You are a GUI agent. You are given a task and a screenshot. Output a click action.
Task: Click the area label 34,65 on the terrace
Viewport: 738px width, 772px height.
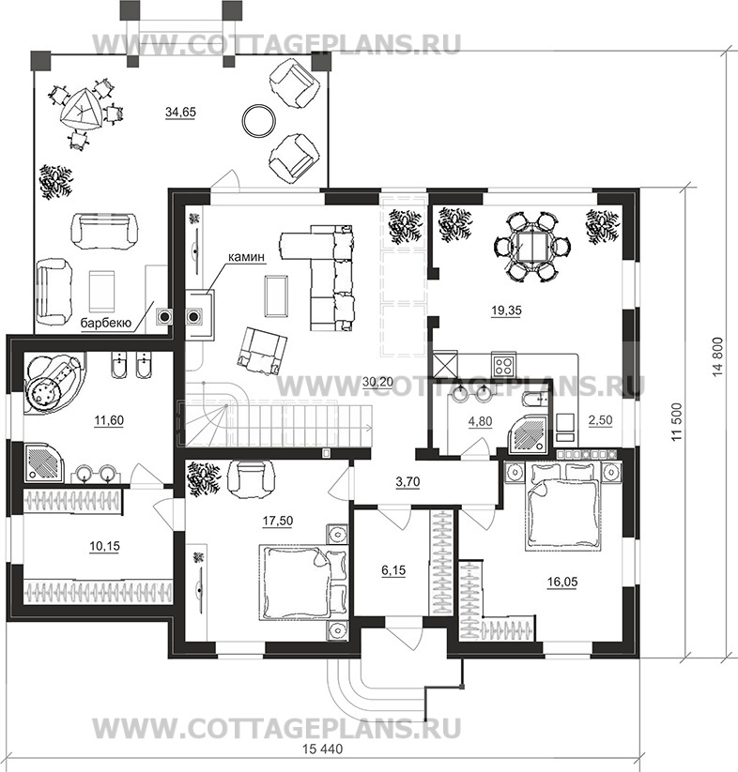click(180, 113)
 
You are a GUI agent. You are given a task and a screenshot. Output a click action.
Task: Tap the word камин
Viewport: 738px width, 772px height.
click(246, 256)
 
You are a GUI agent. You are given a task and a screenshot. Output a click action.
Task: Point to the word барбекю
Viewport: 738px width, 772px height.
click(105, 324)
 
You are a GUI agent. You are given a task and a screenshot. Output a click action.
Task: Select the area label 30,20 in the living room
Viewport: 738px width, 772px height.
click(377, 382)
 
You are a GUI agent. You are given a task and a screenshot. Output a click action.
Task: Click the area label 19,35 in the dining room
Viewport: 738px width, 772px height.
click(506, 310)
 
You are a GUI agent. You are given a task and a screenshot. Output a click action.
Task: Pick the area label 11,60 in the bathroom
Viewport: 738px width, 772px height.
click(108, 420)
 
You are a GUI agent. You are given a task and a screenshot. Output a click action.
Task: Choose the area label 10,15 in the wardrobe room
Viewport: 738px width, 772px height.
click(104, 546)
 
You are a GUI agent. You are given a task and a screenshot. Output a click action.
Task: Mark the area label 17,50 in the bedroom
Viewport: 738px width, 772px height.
click(278, 521)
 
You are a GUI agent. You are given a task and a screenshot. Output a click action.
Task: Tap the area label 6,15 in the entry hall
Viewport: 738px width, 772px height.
click(393, 570)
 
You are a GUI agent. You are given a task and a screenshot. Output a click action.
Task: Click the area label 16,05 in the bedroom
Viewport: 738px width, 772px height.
click(562, 582)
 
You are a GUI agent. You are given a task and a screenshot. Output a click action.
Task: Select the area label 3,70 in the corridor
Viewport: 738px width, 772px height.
click(407, 482)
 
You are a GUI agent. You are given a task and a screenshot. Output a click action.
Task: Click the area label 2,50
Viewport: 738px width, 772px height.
click(601, 420)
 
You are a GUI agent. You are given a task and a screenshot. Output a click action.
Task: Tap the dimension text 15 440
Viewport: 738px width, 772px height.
click(322, 749)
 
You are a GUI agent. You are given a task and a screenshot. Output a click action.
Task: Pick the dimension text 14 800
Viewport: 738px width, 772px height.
click(717, 357)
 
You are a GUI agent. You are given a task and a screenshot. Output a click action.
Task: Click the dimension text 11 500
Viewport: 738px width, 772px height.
click(679, 422)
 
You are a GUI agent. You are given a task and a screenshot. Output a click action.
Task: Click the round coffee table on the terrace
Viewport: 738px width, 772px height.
click(260, 121)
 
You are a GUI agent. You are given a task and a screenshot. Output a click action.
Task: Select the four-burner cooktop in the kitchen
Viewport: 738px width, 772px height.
click(503, 365)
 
